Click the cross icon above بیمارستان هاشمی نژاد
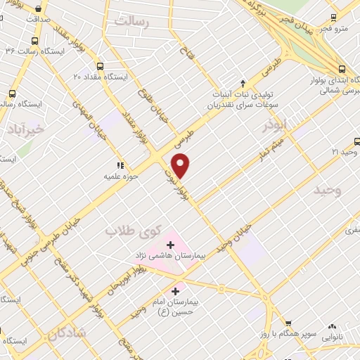[x=170, y=245]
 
